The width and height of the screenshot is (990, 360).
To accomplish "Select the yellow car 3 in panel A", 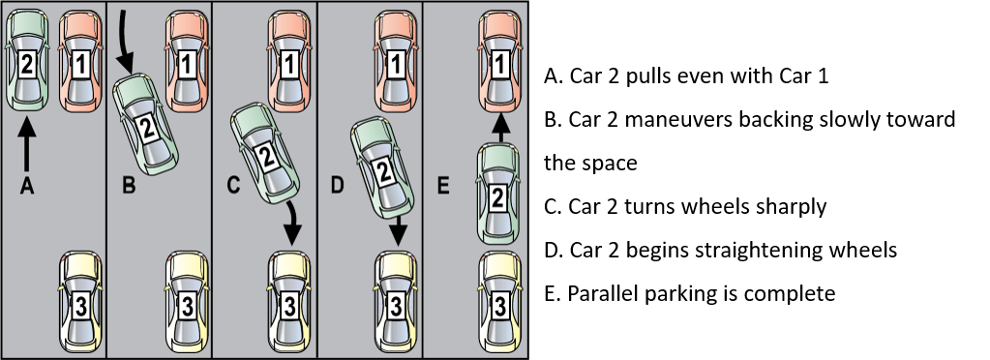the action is point(80,302).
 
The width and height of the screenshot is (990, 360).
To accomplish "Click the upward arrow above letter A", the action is point(26,146).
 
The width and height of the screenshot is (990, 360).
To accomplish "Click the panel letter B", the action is point(128,187).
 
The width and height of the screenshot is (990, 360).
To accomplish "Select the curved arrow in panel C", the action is point(291,224).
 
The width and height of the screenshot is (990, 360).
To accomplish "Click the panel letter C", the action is point(233,187).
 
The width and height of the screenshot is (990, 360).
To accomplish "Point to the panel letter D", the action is point(339,187).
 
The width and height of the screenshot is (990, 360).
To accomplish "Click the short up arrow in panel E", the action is point(500,127).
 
